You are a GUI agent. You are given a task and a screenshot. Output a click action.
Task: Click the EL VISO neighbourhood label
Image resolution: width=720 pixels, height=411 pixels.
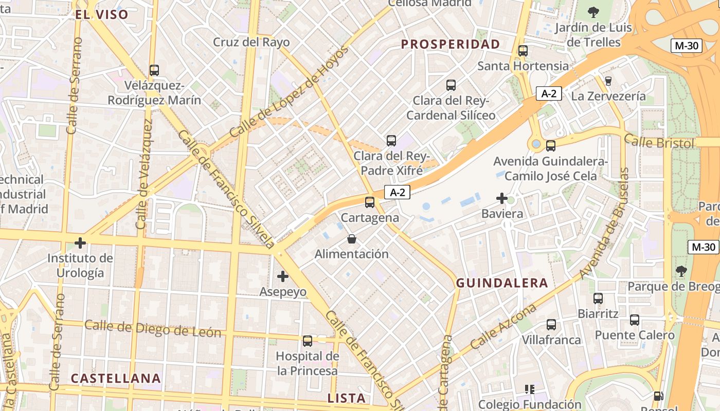tap(101, 14)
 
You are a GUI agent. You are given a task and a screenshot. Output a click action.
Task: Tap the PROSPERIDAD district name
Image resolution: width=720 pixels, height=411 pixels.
tap(451, 44)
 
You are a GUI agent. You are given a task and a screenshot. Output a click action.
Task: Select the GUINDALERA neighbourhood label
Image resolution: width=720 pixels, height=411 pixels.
tap(502, 283)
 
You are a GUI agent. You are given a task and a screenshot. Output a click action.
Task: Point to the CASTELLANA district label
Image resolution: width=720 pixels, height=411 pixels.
tap(116, 379)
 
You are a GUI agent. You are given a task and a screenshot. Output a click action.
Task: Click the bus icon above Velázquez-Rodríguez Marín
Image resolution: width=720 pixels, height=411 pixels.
tap(154, 70)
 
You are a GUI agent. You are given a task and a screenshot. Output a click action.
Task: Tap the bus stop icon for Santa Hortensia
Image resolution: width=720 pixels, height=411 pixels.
tap(523, 51)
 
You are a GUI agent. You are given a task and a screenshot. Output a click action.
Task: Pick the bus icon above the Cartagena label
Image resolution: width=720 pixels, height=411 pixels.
tap(370, 202)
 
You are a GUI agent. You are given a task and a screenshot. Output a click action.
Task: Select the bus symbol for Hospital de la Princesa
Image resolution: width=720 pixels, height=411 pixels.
tap(308, 341)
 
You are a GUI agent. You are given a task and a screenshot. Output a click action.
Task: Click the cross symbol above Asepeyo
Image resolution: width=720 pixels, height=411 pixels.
tap(282, 276)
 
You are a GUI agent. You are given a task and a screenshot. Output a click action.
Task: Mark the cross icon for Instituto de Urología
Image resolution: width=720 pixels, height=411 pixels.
tap(80, 242)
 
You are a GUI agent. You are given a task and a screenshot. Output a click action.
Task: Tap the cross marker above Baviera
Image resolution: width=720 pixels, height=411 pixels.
tap(502, 198)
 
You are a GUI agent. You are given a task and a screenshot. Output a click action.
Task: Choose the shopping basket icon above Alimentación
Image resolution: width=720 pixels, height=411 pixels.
tap(352, 239)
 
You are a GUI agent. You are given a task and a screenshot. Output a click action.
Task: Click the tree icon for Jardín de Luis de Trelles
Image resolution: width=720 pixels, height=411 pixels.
tap(593, 12)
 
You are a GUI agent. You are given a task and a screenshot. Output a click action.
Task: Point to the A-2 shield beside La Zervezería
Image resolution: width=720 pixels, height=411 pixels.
tap(549, 94)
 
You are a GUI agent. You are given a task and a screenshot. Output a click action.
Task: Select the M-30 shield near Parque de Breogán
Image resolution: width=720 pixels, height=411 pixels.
tap(703, 247)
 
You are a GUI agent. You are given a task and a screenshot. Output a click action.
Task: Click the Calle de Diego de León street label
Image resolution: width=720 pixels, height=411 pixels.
tap(153, 328)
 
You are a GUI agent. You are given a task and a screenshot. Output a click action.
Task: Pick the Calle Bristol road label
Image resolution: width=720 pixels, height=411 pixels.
tap(659, 141)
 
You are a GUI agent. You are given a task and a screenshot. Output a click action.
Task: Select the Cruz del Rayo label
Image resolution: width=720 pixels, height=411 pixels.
tap(251, 42)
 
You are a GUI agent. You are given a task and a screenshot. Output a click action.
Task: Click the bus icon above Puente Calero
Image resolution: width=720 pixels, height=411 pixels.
tap(635, 320)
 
